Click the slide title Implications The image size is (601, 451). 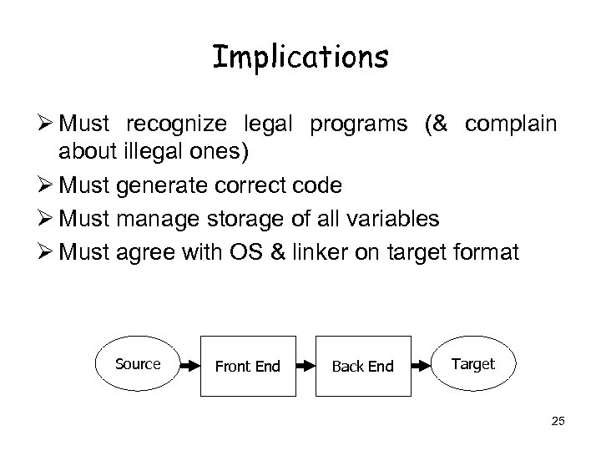tap(300, 58)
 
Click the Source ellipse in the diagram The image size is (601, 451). tap(138, 364)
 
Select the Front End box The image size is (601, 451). tap(247, 365)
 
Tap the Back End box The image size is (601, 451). tap(363, 365)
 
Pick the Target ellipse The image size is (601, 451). tap(473, 364)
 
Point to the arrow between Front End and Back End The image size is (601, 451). tap(305, 365)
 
